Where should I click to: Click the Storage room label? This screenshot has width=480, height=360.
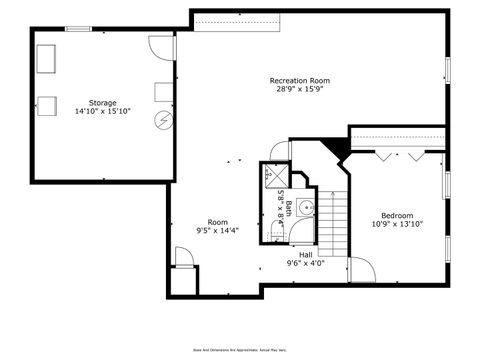102,103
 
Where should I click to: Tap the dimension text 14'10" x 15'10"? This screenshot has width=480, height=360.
102,112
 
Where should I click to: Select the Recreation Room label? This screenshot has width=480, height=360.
299,80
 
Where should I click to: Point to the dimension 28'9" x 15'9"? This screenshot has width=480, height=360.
299,89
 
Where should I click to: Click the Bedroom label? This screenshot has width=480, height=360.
397,215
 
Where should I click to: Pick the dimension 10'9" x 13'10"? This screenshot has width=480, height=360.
397,224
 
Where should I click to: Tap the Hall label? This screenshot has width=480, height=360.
305,255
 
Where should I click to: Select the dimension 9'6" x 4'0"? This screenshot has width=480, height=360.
305,264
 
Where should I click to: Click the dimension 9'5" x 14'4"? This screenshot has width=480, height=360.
217,231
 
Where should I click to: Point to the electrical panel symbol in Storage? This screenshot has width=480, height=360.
163,120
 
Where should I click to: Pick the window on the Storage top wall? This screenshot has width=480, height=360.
79,28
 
